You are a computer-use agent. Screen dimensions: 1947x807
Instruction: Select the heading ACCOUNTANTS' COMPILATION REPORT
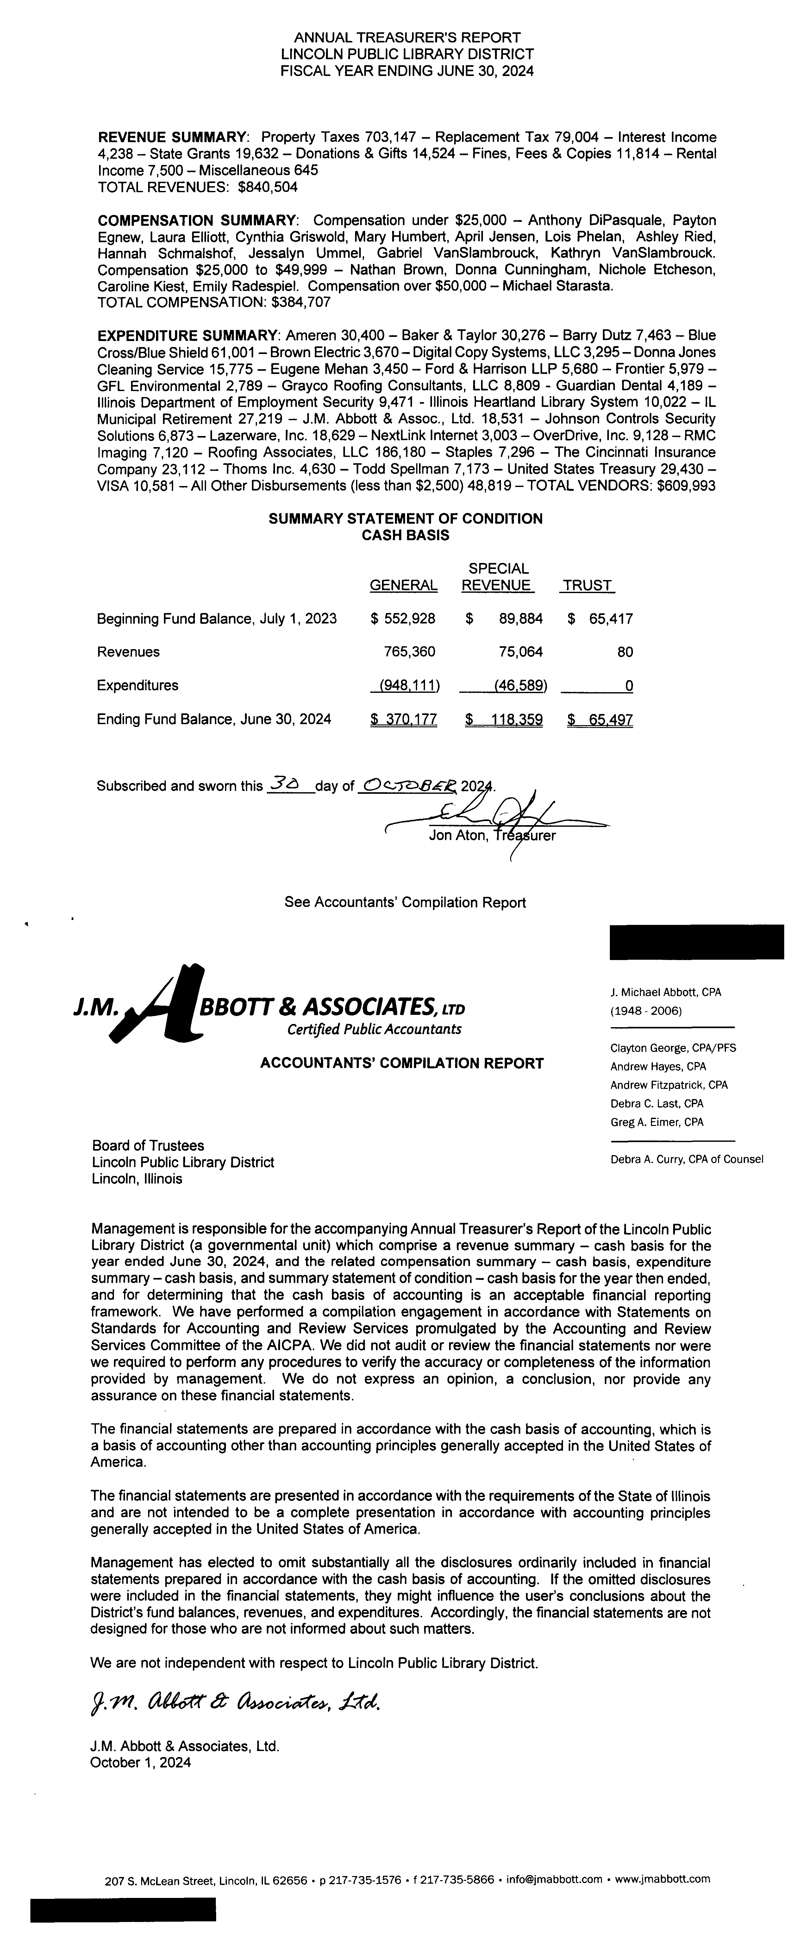point(402,1064)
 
